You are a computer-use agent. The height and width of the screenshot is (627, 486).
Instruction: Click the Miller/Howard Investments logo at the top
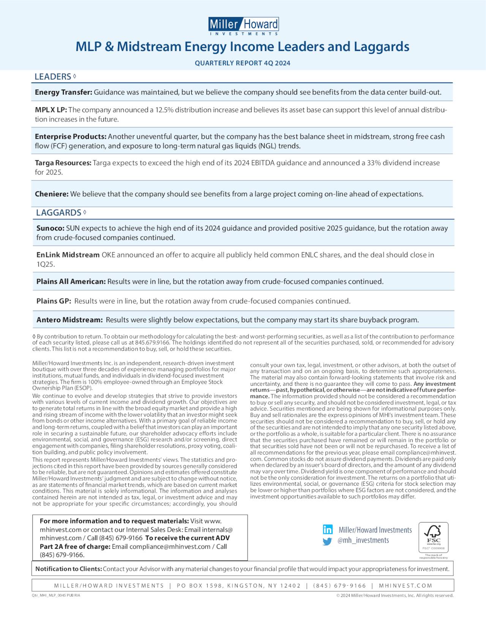tap(243, 26)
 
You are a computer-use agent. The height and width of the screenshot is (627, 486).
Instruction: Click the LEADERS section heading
tap(53, 77)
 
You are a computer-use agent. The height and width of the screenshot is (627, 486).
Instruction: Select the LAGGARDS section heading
tap(58, 213)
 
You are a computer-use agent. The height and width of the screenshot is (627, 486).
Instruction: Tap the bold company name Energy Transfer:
tap(63, 92)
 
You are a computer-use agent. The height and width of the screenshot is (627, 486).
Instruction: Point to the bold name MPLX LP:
tap(51, 110)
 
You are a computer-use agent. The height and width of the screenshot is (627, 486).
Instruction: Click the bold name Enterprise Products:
tap(71, 137)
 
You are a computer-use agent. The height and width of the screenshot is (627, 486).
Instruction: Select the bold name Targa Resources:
tap(63, 163)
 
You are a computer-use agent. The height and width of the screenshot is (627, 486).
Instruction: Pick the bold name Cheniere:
tap(52, 194)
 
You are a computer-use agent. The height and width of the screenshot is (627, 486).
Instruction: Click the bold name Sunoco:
tap(50, 228)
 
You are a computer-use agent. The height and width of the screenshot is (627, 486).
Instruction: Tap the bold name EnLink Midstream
tap(68, 255)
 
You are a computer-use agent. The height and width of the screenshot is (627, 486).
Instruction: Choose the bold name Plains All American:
tap(71, 282)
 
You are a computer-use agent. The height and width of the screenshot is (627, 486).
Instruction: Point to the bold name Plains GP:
tap(54, 301)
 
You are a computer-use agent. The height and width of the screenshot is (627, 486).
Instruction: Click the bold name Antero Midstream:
tap(69, 320)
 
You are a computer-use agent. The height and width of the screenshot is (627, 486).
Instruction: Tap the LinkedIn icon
tap(327, 529)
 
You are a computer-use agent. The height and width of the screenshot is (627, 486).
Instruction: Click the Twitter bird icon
tap(327, 541)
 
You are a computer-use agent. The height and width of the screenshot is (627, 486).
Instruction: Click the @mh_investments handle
tap(363, 540)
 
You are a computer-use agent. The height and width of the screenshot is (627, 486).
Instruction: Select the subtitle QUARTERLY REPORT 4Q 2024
tap(243, 63)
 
